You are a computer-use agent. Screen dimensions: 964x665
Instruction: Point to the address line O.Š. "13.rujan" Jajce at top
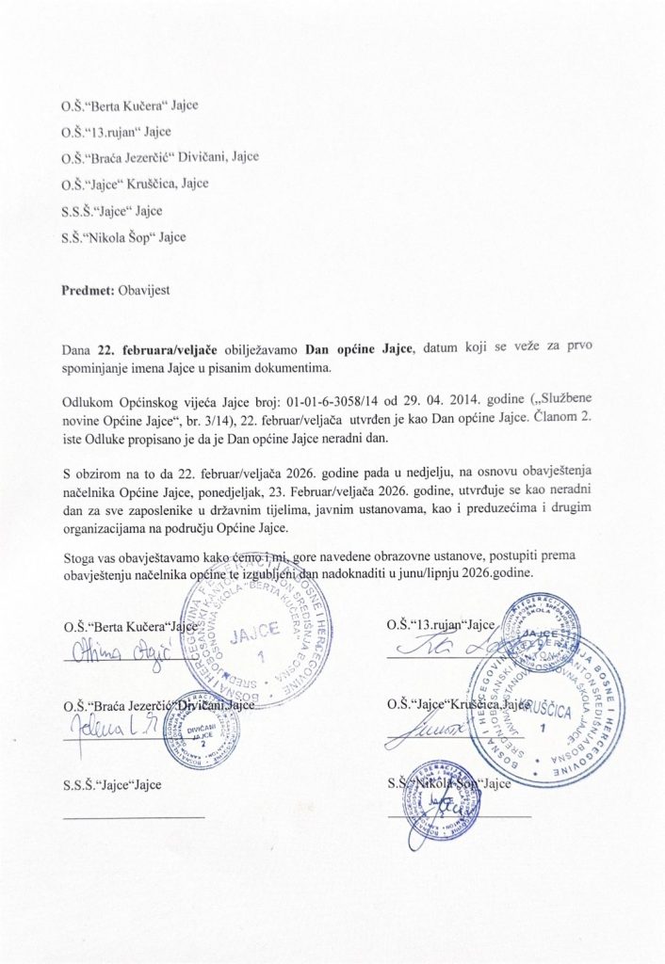pos(116,132)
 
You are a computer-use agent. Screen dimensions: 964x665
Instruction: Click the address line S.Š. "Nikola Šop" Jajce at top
pos(123,237)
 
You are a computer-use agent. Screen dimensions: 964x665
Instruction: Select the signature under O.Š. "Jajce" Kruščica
pos(430,730)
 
